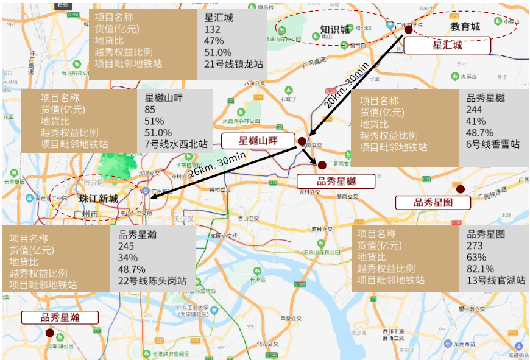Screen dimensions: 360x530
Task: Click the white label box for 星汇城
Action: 447,45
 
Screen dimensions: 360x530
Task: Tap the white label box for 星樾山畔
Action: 257,141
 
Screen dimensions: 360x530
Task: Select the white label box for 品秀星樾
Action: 335,181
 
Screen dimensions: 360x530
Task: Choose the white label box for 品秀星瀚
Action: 60,317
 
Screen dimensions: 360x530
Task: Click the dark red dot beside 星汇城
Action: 408,29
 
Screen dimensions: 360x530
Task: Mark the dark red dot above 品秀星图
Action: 461,189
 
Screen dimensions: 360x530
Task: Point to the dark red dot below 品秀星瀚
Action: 49,333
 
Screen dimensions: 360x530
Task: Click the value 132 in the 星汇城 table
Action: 212,29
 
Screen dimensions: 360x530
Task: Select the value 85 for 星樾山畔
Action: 150,110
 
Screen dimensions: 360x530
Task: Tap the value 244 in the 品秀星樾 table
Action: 474,110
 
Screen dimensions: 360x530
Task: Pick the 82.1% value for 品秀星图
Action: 480,269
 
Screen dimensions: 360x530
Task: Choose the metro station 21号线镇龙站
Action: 233,63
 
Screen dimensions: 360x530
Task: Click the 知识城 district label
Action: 335,29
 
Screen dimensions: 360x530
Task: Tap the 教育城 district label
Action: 465,26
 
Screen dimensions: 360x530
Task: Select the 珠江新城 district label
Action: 98,199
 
